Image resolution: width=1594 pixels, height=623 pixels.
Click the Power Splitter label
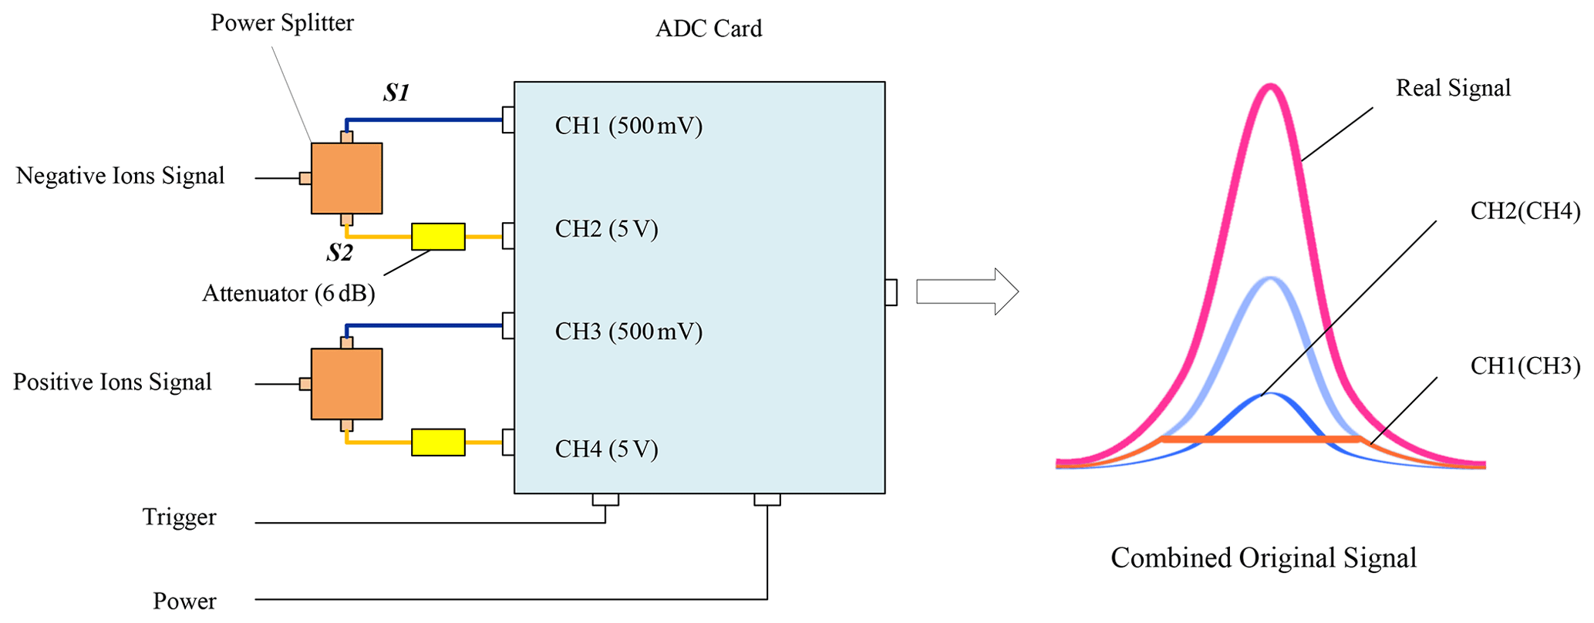(x=282, y=23)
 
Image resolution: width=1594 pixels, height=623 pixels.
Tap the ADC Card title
(x=709, y=29)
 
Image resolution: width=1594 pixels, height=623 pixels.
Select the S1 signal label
(x=396, y=93)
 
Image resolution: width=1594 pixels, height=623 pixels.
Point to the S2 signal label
(x=339, y=252)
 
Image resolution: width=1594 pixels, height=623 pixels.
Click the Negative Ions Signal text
(x=120, y=176)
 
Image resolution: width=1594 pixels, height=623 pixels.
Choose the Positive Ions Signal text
(x=113, y=382)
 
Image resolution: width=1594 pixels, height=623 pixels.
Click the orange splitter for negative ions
(x=346, y=178)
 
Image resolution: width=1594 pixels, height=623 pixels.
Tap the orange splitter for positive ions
(x=346, y=384)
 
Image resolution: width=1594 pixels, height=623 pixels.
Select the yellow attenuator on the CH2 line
(x=438, y=237)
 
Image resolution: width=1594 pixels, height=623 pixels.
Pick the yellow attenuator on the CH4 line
(x=438, y=443)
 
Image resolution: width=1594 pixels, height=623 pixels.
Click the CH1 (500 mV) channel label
(x=629, y=126)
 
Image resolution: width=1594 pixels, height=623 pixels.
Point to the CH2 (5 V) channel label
(x=606, y=229)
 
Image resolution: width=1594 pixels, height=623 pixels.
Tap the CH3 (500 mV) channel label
(x=629, y=332)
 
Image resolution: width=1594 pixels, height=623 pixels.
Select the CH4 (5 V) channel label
(x=606, y=450)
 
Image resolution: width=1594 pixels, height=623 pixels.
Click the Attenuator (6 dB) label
(x=288, y=294)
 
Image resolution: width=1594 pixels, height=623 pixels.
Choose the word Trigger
(x=179, y=517)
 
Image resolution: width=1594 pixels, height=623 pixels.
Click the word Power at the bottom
(x=184, y=601)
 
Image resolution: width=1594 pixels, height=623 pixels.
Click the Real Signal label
(x=1453, y=88)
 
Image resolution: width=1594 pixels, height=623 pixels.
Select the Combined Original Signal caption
(x=1263, y=558)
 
